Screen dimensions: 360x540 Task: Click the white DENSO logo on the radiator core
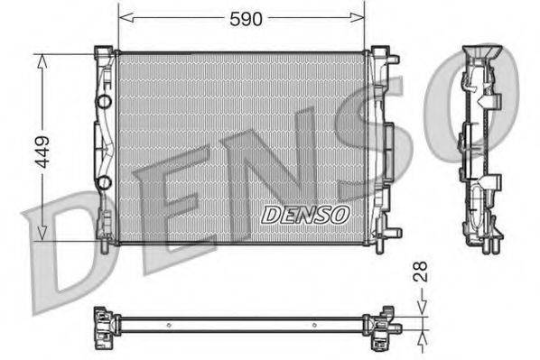click(x=304, y=214)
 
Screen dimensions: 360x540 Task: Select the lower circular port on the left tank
click(x=104, y=184)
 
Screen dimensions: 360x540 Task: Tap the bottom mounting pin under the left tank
click(x=106, y=241)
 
